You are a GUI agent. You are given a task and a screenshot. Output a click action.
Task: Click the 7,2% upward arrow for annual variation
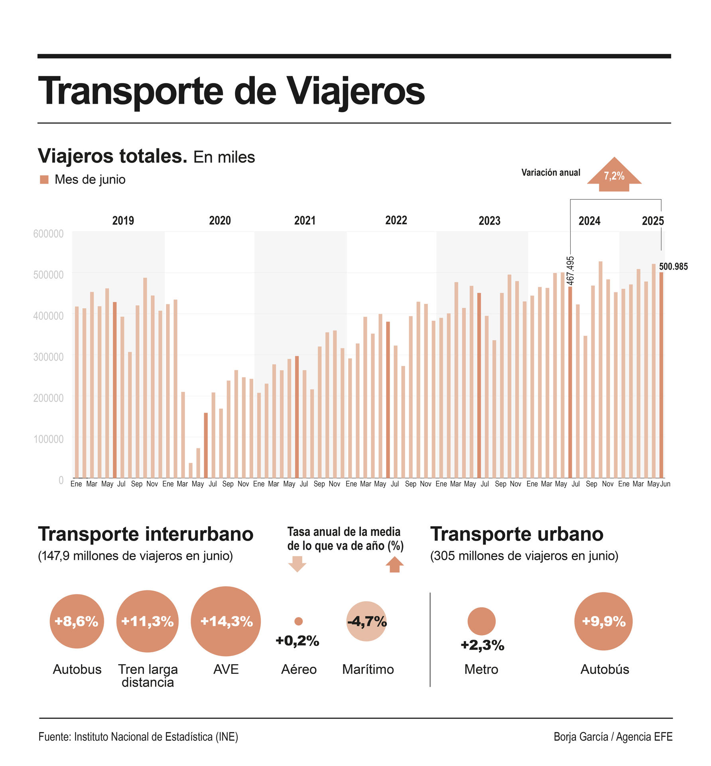click(x=614, y=175)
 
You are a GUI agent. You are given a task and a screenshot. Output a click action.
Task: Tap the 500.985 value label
click(x=673, y=267)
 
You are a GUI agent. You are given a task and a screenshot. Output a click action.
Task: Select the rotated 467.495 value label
click(x=570, y=270)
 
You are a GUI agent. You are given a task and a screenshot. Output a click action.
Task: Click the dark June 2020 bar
click(x=206, y=445)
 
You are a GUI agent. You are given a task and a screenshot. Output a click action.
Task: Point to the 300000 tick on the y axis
click(x=48, y=357)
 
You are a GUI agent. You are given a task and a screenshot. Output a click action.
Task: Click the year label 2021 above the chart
click(x=305, y=221)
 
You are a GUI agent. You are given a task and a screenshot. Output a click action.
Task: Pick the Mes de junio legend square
click(x=44, y=180)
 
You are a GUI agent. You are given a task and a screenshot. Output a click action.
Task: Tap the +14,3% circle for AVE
click(x=226, y=621)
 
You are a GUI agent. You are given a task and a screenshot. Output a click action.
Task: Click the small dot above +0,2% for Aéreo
click(x=298, y=621)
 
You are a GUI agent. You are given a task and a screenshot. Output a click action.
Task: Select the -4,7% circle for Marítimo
click(x=366, y=621)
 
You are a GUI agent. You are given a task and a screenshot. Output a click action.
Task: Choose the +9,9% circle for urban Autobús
click(x=603, y=621)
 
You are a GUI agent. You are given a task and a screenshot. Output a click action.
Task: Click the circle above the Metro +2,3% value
click(x=481, y=621)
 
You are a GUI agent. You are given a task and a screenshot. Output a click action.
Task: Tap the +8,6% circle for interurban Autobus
click(x=77, y=621)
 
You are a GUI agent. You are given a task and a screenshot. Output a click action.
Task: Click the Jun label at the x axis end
click(x=665, y=484)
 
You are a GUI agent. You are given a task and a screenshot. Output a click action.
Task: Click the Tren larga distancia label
click(x=148, y=675)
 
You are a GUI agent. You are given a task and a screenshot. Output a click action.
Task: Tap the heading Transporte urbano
click(x=516, y=534)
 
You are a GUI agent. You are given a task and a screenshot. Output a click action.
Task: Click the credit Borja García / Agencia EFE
click(x=613, y=736)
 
